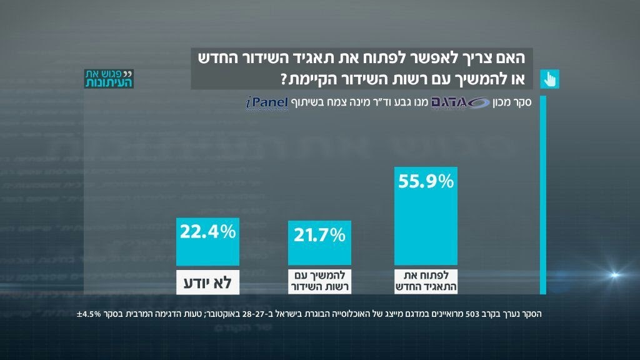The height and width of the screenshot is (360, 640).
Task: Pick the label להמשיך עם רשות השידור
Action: pos(317,281)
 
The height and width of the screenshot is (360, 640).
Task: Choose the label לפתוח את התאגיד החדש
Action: pos(428,281)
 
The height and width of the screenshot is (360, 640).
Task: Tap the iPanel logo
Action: pos(266,103)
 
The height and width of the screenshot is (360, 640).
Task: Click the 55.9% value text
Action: pos(428,182)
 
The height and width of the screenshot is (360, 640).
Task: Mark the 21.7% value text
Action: pos(317,236)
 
